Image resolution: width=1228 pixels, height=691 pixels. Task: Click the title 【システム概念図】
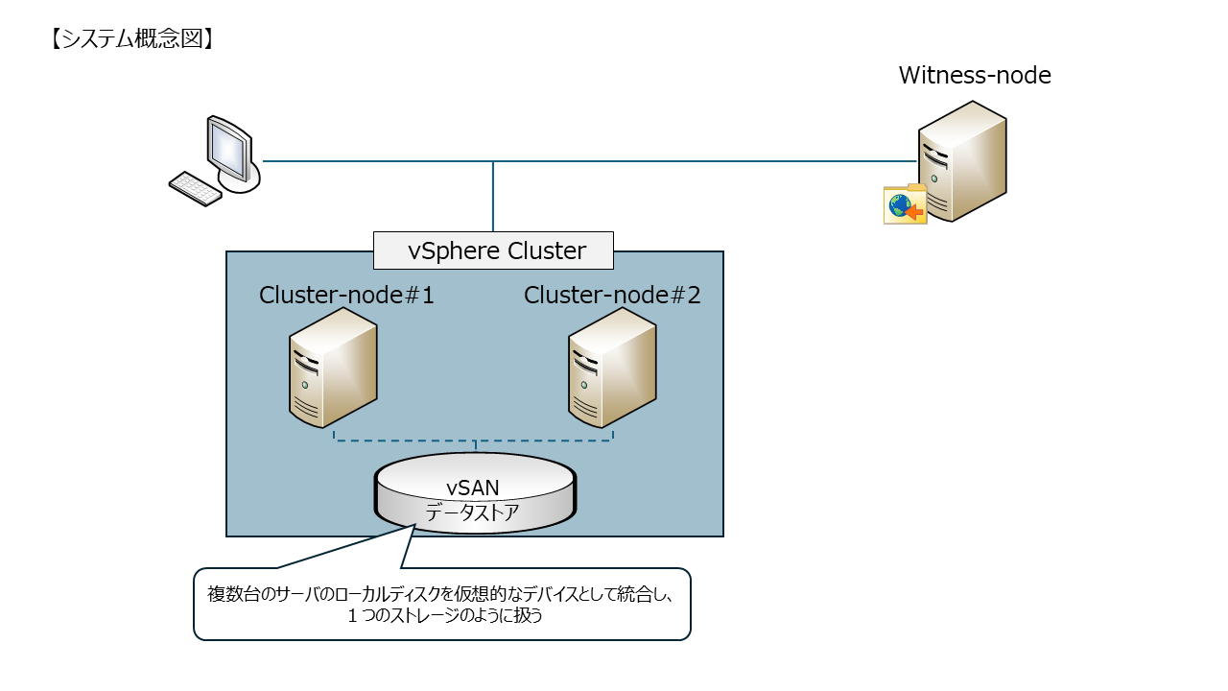click(130, 38)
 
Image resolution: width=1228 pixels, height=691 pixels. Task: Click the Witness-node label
click(975, 75)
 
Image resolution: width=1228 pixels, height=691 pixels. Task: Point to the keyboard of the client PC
click(196, 188)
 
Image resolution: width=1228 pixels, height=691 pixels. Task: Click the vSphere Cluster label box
click(493, 251)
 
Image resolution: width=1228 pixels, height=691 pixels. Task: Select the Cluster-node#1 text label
click(346, 296)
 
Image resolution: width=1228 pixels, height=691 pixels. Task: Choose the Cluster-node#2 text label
click(612, 296)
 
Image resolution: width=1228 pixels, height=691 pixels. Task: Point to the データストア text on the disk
click(472, 512)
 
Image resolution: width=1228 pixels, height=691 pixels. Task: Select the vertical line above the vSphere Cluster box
click(493, 197)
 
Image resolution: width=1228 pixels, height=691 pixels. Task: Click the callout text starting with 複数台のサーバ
click(441, 593)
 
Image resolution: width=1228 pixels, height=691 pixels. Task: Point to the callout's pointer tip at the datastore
click(413, 526)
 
